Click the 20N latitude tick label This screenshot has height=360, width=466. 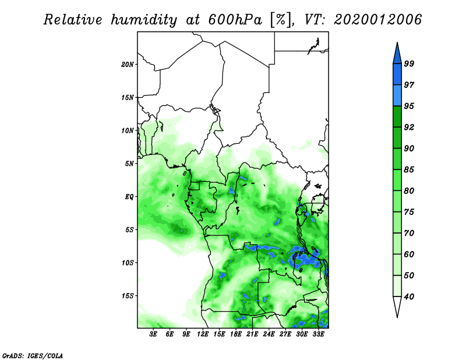click(x=127, y=65)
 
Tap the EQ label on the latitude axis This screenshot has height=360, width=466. click(x=129, y=197)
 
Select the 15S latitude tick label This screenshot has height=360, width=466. click(x=127, y=296)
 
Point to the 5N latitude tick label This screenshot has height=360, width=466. click(x=129, y=164)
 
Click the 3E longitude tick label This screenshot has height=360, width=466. click(x=153, y=334)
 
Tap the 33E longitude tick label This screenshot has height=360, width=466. click(x=318, y=334)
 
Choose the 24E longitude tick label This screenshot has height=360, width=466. click(x=269, y=334)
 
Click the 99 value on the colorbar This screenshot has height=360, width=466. click(x=409, y=63)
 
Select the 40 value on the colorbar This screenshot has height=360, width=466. click(x=409, y=297)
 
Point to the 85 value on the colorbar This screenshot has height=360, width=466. click(x=409, y=170)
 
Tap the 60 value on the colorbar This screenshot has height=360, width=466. click(x=409, y=255)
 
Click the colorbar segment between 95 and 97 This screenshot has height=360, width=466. click(x=397, y=96)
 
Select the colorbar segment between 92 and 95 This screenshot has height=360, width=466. click(x=397, y=117)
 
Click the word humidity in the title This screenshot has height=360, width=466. click(x=144, y=20)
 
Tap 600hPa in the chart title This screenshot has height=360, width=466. click(x=235, y=20)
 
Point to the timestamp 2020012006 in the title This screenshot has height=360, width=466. click(x=377, y=20)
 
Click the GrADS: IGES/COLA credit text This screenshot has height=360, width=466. click(x=33, y=355)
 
